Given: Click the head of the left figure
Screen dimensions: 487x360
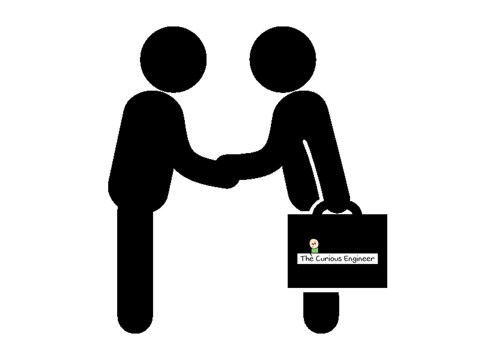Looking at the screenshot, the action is point(174,59).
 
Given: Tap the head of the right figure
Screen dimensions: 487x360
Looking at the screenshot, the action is point(283,59).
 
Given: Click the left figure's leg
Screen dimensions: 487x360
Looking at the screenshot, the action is point(135,270).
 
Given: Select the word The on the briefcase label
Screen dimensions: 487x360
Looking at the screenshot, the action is point(307,259).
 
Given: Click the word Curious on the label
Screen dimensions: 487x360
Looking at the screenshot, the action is point(329,259).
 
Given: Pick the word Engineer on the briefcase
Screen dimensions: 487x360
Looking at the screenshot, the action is point(359,259).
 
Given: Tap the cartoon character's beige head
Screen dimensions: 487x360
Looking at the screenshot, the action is point(314,243).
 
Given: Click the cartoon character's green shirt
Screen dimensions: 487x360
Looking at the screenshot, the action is point(315,250).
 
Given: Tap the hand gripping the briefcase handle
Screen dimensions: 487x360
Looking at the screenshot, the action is point(338,205).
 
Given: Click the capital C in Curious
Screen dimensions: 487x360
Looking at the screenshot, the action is point(318,259).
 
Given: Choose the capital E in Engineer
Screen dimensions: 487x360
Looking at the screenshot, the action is point(346,259).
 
